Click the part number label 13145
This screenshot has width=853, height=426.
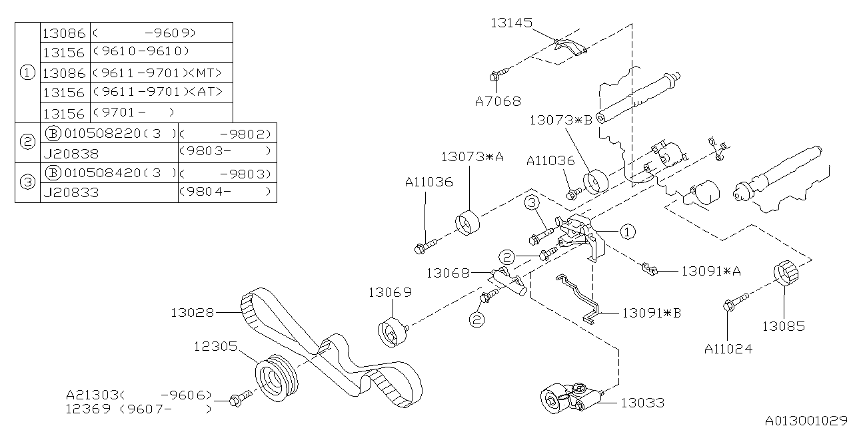tap(511, 23)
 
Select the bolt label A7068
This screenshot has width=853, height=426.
tap(498, 102)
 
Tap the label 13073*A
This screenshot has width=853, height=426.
tap(471, 157)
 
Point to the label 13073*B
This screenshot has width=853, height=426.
tap(560, 120)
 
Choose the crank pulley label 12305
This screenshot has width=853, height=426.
tap(215, 346)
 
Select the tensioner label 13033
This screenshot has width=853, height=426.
tap(642, 403)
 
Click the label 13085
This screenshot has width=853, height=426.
tap(784, 326)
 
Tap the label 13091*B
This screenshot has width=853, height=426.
tap(651, 312)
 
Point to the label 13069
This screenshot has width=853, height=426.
tap(391, 292)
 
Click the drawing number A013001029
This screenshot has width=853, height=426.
tap(807, 420)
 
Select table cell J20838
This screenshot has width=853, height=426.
tap(71, 152)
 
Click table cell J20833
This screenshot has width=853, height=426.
tap(71, 193)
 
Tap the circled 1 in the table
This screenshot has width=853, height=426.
tap(27, 73)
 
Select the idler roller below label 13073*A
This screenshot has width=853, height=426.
tap(468, 222)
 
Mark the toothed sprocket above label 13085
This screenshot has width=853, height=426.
tap(785, 275)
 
